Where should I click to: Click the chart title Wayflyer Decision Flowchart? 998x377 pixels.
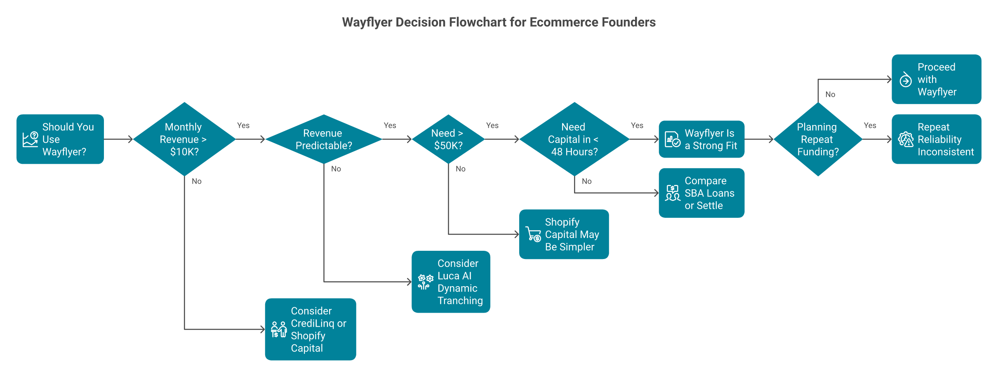point(499,22)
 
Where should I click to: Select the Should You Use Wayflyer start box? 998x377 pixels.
point(60,139)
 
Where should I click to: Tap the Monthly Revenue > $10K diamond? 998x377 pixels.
point(184,139)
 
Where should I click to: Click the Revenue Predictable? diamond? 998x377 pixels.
point(324,139)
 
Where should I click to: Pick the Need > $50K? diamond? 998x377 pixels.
point(448,139)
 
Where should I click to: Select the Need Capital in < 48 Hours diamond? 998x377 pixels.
point(574,139)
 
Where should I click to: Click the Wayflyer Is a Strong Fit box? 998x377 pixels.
point(701,139)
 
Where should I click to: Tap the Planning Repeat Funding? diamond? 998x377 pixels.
point(818,139)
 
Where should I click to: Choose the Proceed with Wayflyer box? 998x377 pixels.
point(936,80)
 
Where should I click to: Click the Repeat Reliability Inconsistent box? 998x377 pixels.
point(936,139)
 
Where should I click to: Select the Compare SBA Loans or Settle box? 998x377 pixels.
point(701,193)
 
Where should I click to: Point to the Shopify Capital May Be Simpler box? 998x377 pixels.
point(564,234)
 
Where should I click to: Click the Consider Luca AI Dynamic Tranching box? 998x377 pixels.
point(451,282)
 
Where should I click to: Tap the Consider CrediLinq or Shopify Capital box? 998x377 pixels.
point(310,330)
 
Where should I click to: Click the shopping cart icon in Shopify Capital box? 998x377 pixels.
point(533,234)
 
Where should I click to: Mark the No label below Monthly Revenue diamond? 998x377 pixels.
point(197,181)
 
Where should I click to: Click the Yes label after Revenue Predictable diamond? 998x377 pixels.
point(390,126)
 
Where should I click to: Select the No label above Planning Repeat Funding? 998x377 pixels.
point(830,95)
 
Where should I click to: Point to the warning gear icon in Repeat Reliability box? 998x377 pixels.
point(906,140)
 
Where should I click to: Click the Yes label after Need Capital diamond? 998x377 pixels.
point(637,126)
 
